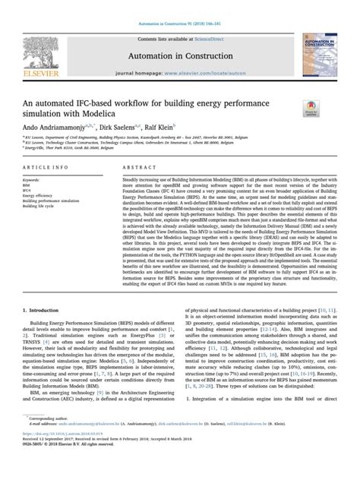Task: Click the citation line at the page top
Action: (180, 7)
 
